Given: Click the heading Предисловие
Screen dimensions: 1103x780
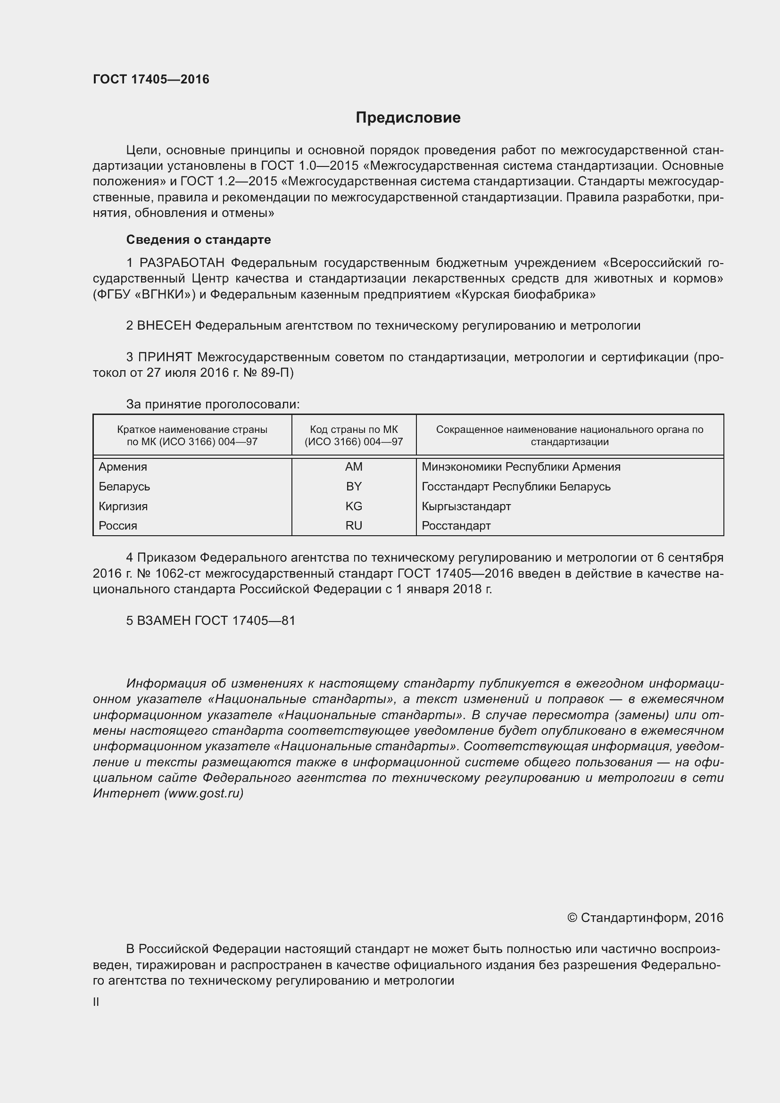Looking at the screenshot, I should pyautogui.click(x=408, y=118).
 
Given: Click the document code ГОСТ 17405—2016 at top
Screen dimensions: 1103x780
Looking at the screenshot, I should pyautogui.click(x=151, y=79).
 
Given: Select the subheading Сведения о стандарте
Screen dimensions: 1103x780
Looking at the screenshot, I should pyautogui.click(x=199, y=239).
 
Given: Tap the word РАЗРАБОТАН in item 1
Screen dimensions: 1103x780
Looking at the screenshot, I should pyautogui.click(x=182, y=263).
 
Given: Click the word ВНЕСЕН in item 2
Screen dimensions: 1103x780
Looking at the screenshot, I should pyautogui.click(x=164, y=326).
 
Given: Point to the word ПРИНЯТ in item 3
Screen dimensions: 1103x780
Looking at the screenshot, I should pyautogui.click(x=165, y=357).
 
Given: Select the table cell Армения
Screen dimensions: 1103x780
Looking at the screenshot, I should pyautogui.click(x=123, y=466).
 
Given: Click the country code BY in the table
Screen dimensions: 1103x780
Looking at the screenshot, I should pyautogui.click(x=354, y=486).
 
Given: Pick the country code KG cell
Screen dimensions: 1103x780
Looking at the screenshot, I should pyautogui.click(x=354, y=506).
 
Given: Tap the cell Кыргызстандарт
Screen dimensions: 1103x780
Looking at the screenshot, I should pyautogui.click(x=466, y=506).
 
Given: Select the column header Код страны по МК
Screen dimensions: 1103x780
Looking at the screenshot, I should pyautogui.click(x=354, y=435).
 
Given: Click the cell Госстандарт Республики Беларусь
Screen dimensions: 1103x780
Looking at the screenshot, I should pyautogui.click(x=516, y=486).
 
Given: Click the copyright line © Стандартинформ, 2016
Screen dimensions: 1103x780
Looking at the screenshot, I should pyautogui.click(x=645, y=918).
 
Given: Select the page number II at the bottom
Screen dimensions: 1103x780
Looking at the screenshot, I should pyautogui.click(x=96, y=1002).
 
